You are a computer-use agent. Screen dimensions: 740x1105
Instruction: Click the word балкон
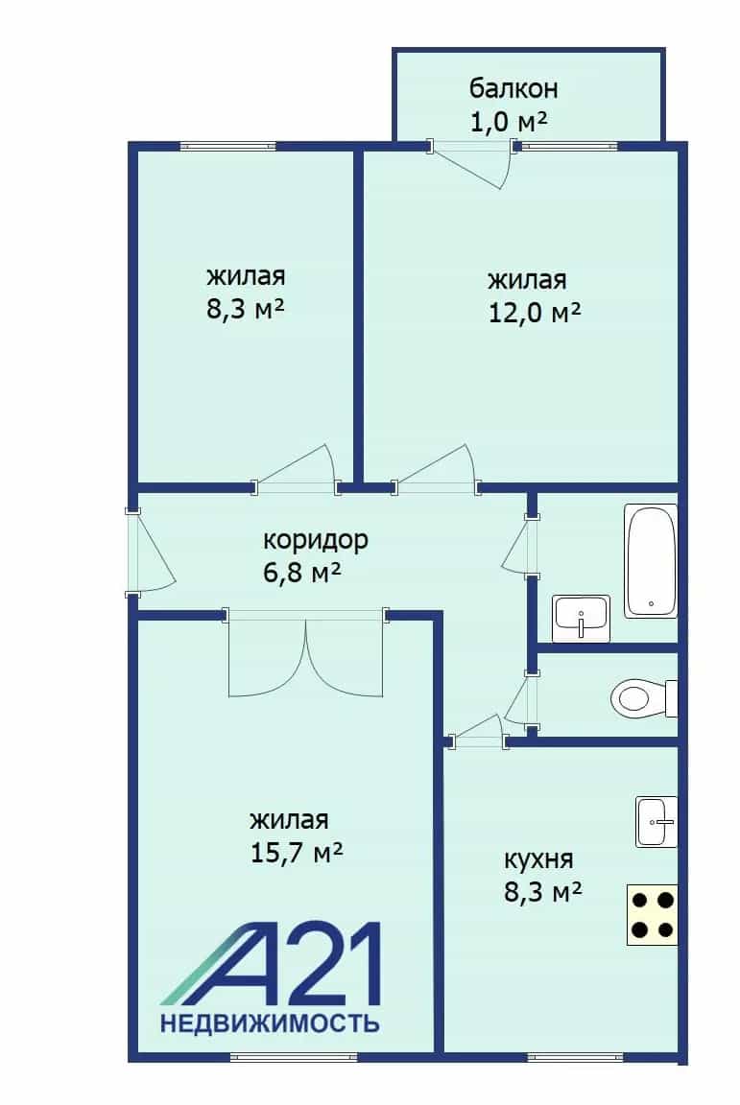pos(513,89)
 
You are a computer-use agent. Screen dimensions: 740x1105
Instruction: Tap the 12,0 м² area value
pos(534,312)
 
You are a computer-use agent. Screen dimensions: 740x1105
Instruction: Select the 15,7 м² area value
pos(297,853)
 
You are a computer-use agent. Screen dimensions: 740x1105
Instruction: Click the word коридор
pos(316,541)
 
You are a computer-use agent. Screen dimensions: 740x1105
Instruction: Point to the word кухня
pos(538,859)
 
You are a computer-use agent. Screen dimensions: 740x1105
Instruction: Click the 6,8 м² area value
pos(301,572)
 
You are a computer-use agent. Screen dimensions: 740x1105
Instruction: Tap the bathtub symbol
pos(651,561)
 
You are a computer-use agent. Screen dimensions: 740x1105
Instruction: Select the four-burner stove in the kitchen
pos(652,914)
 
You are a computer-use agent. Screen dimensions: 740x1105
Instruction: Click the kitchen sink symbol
pos(656,822)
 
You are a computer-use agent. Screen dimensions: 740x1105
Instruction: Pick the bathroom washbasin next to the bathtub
pos(582,618)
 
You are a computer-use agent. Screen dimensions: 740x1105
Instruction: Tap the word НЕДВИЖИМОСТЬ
pos(270,1023)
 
